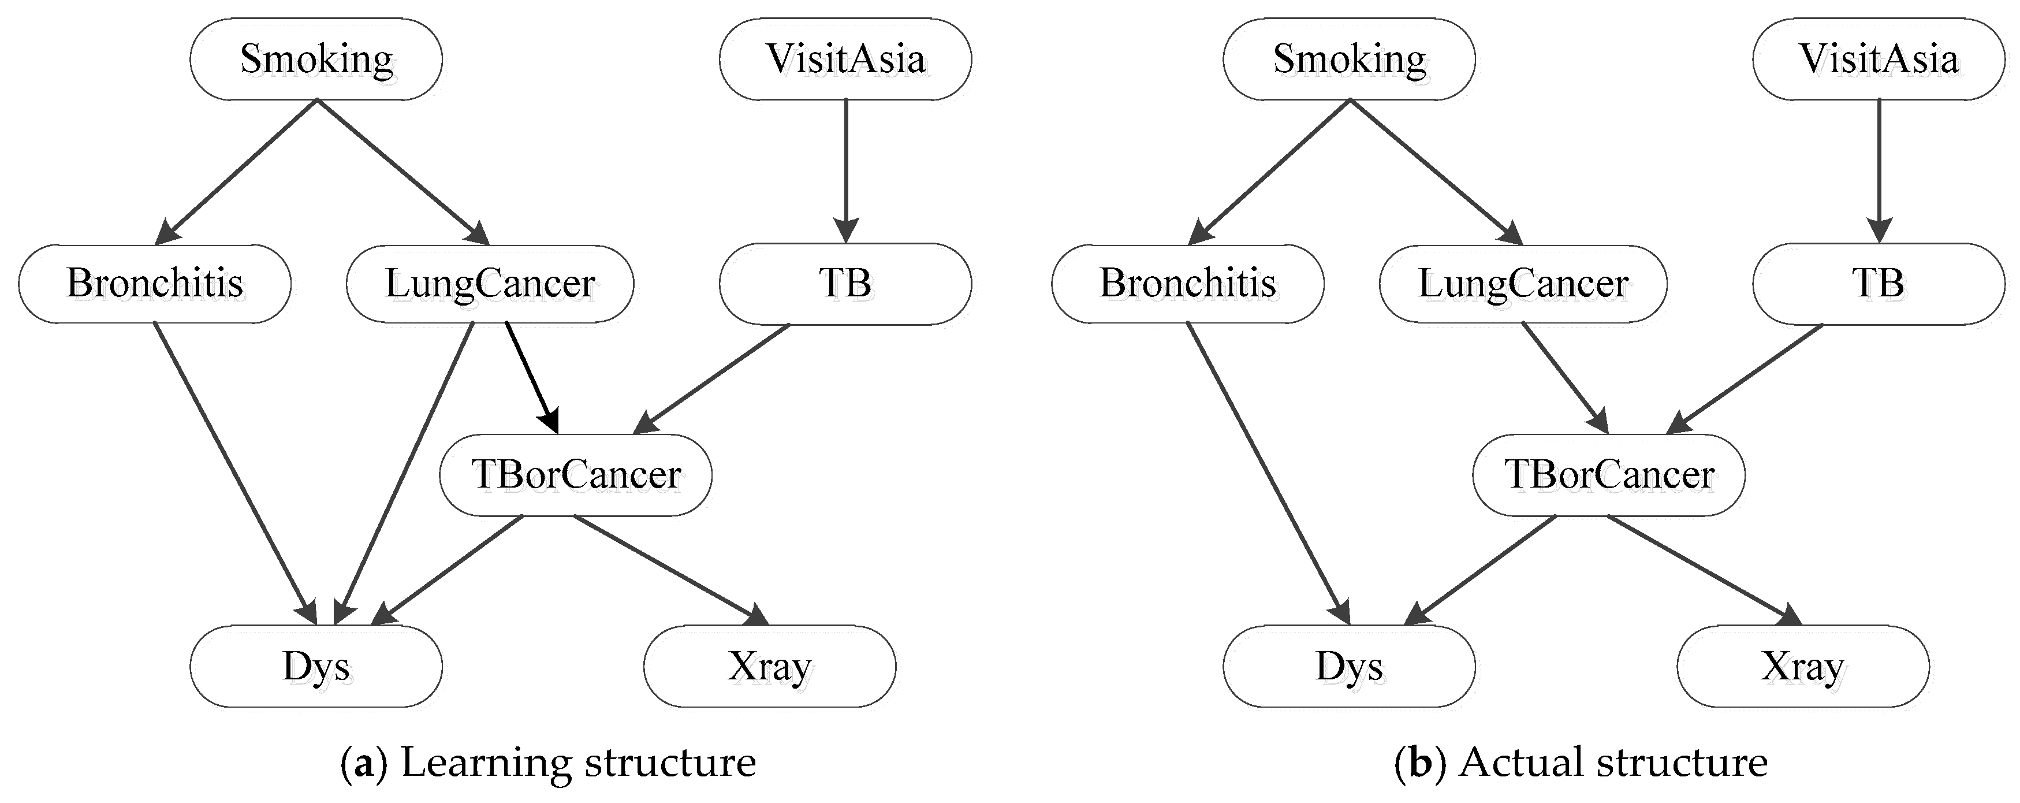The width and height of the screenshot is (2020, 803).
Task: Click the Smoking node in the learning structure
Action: point(316,60)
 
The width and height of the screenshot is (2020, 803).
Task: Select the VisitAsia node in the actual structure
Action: point(1879,60)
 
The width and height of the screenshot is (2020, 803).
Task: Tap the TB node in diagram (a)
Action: point(845,284)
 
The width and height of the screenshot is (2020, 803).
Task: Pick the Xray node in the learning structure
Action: point(769,667)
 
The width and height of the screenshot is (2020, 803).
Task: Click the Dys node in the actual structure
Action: point(1349,667)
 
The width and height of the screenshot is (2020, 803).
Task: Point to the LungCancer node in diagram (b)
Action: point(1523,284)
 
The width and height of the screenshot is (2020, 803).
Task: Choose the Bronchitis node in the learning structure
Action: point(155,284)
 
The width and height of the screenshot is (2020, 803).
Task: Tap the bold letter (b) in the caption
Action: point(1419,763)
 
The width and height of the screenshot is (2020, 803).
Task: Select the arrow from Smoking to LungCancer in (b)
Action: point(1435,172)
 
